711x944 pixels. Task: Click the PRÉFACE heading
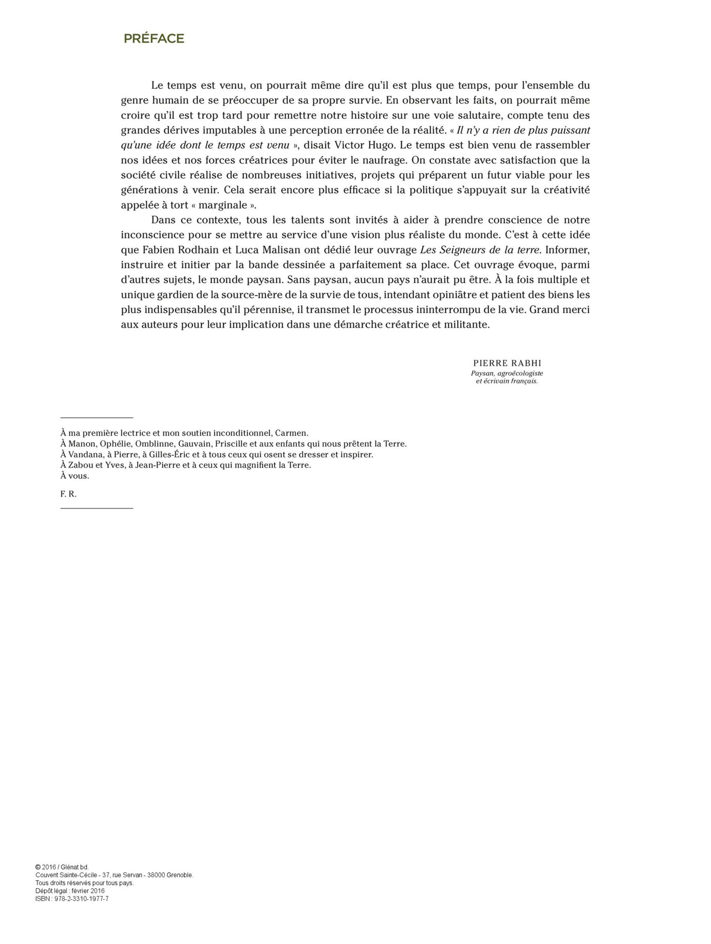click(x=154, y=39)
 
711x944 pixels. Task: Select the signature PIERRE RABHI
click(x=507, y=363)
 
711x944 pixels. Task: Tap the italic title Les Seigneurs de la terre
click(x=480, y=250)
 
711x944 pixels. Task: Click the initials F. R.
click(x=68, y=494)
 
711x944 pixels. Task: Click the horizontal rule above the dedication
click(x=96, y=418)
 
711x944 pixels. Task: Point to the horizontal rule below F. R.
click(x=96, y=508)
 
